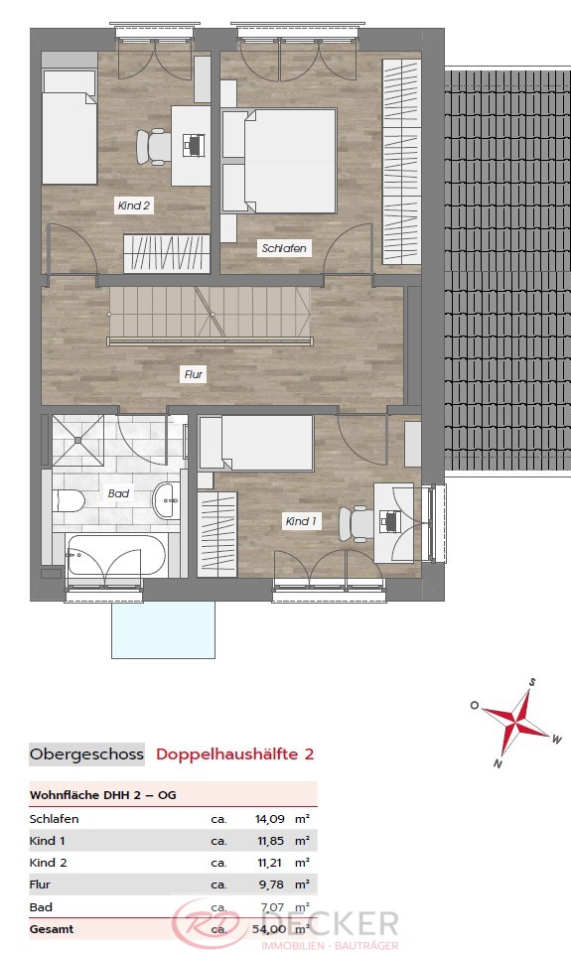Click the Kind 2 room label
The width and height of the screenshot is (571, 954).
134,205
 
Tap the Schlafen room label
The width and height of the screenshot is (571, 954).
284,248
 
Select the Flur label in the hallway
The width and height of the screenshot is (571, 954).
194,375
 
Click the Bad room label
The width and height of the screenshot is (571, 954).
118,493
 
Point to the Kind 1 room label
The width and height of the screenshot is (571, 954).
301,521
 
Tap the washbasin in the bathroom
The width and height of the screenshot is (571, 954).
167,500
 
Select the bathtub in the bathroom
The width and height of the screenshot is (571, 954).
115,556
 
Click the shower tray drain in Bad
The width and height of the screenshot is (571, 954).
77,440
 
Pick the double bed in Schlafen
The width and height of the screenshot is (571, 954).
279,161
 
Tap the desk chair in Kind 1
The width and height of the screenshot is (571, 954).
357,522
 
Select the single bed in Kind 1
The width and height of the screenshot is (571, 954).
256,443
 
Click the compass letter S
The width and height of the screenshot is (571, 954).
532,682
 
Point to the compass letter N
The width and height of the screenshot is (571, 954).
498,763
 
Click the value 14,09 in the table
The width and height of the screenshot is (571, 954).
269,819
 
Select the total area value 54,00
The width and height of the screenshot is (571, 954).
269,929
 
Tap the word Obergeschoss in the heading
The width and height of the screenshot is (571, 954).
86,754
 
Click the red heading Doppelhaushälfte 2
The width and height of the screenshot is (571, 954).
235,754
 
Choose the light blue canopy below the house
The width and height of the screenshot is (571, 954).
163,630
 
